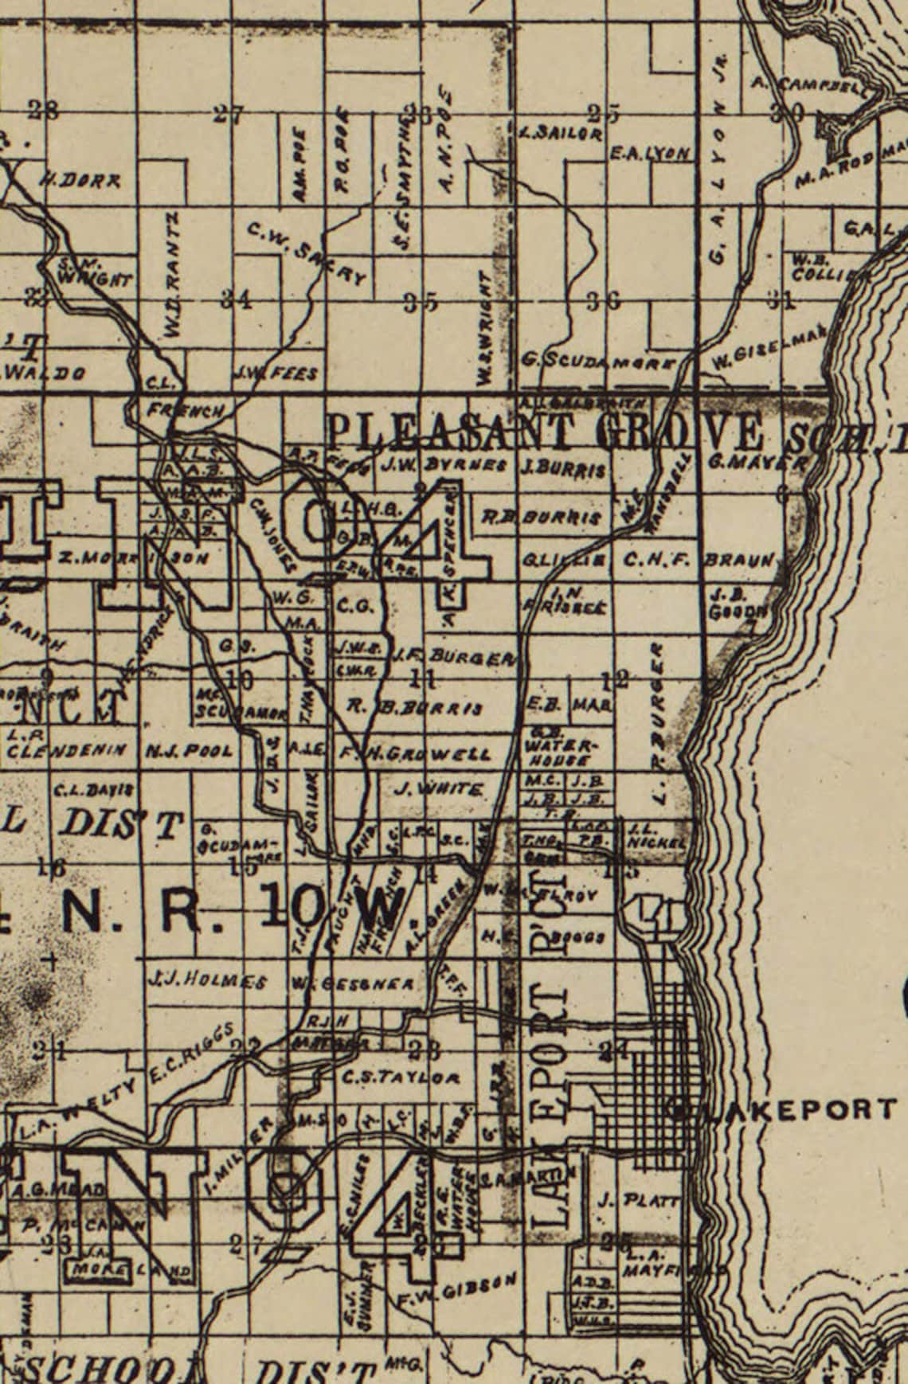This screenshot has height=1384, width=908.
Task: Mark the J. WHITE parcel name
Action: (439, 789)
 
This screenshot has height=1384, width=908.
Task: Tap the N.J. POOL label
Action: (190, 750)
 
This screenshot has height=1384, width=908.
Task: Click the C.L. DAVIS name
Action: (93, 790)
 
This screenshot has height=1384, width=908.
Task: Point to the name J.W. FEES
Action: (275, 373)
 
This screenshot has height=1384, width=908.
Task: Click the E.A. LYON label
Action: (648, 153)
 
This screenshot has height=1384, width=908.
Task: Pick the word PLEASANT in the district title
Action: (457, 431)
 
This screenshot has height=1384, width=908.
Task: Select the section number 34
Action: (237, 300)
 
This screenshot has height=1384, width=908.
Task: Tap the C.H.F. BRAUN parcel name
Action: (699, 560)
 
